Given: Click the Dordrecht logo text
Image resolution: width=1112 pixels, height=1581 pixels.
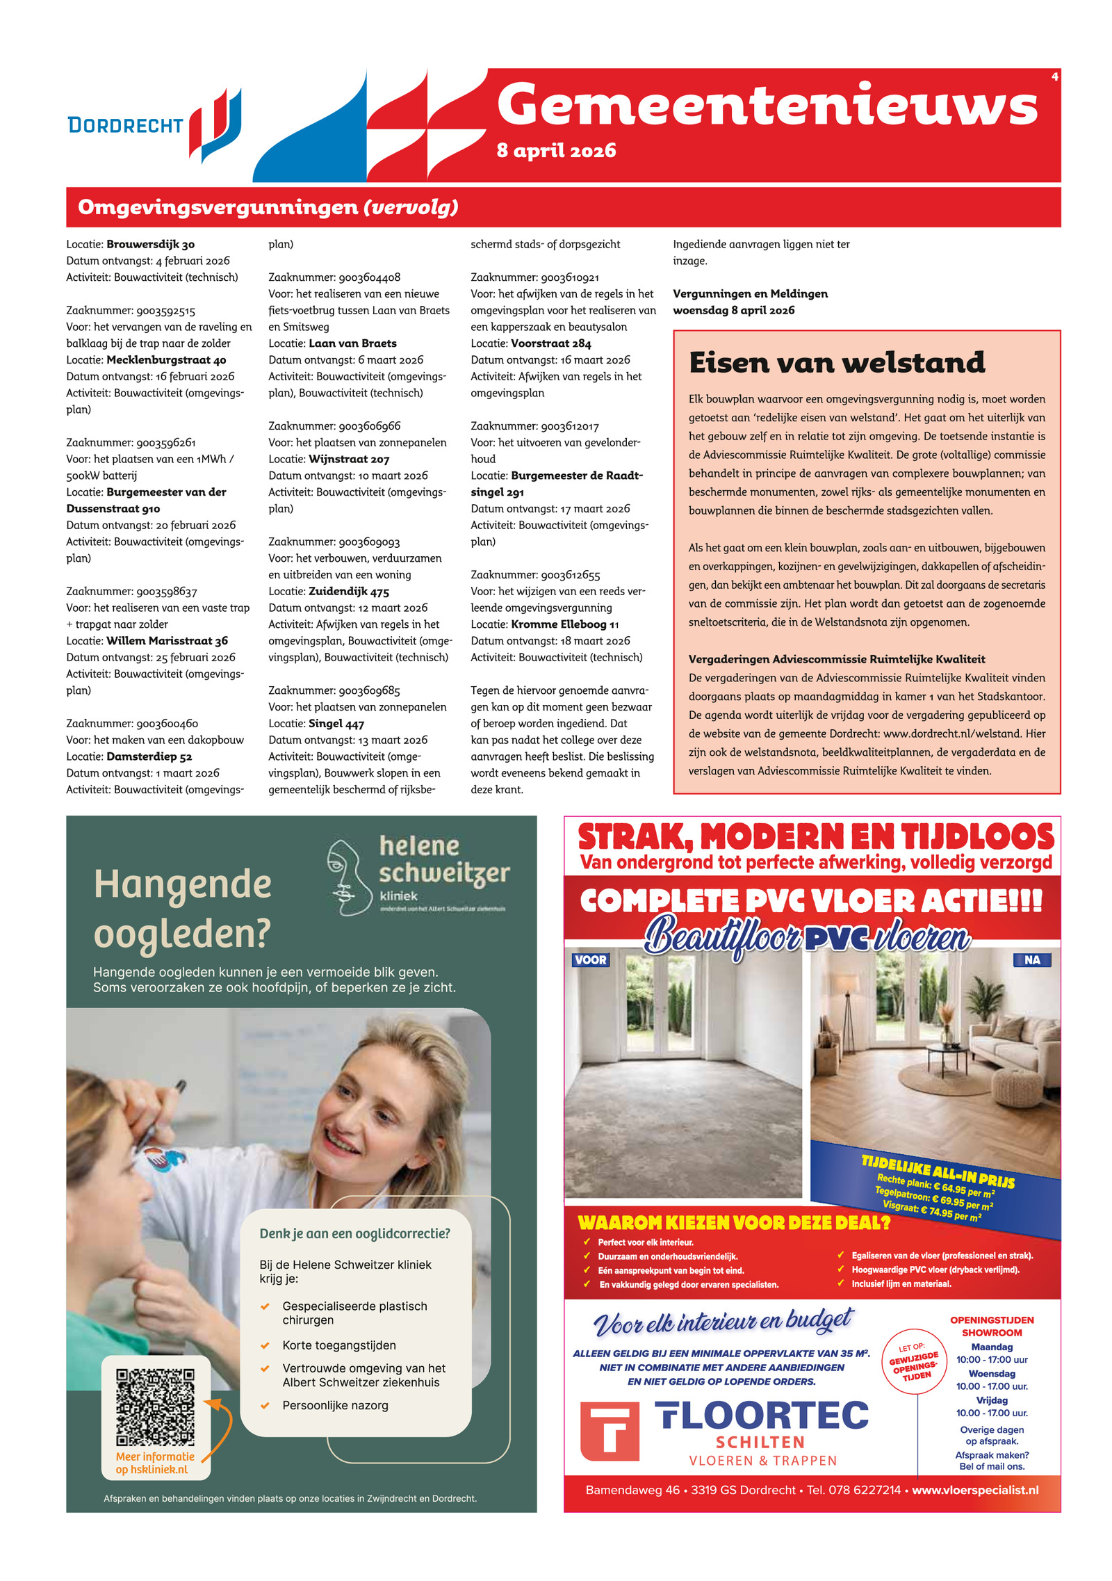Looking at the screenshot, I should [x=125, y=126].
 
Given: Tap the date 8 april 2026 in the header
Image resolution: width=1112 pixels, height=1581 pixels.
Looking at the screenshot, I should [x=556, y=151].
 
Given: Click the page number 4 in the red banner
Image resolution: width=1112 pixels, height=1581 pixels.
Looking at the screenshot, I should [x=1054, y=76].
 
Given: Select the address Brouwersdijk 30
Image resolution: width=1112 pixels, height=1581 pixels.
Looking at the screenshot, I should [x=150, y=244].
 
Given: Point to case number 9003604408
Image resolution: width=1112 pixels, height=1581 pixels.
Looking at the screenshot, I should [x=369, y=277].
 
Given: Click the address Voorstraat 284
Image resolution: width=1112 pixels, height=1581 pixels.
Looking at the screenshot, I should [x=550, y=343].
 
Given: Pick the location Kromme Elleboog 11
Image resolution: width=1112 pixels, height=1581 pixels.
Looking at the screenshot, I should [x=564, y=624].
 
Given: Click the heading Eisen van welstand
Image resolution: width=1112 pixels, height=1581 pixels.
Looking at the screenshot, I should [x=836, y=362].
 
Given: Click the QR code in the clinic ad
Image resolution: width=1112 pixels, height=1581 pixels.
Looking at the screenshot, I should [x=155, y=1407].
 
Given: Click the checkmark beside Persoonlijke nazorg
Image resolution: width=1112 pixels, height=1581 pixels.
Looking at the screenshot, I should [x=265, y=1406].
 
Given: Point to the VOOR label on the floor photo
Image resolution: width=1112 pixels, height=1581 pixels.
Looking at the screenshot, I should [x=590, y=960].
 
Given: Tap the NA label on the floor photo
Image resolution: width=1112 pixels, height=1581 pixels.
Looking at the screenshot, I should [x=1032, y=960].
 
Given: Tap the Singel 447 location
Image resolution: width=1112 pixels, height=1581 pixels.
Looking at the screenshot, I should [x=336, y=724].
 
